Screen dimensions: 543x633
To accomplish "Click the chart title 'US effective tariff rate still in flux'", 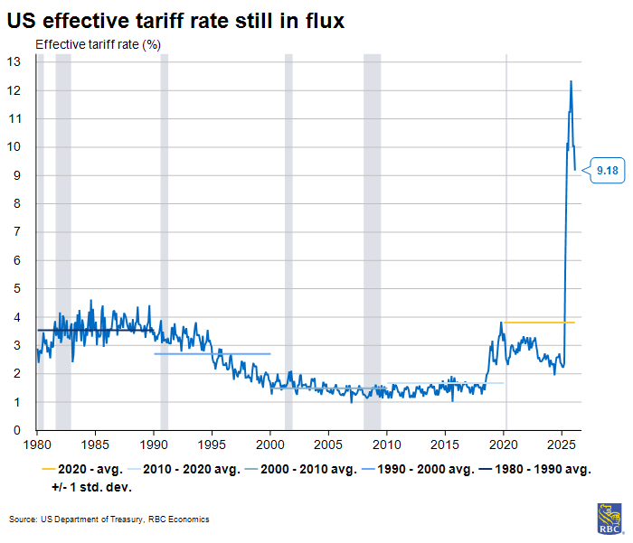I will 175,19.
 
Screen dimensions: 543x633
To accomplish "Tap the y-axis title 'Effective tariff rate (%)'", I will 98,44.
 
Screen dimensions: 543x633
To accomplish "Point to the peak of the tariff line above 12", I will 571,82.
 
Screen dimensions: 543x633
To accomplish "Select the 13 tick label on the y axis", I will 14,61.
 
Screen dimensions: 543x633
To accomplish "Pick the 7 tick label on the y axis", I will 18,232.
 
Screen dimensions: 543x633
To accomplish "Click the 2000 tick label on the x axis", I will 271,445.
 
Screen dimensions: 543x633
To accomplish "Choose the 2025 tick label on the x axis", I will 562,445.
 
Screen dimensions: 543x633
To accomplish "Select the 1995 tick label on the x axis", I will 213,445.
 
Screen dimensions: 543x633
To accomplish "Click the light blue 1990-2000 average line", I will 213,353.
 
